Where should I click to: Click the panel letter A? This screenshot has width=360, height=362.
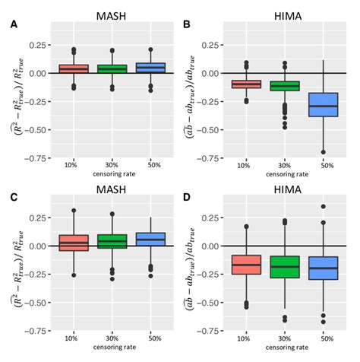(13, 24)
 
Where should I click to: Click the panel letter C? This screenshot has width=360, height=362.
(13, 196)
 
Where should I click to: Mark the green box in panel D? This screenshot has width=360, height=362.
(286, 267)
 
